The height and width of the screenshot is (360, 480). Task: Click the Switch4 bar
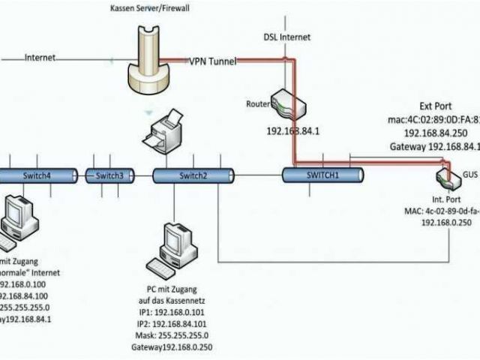(37, 175)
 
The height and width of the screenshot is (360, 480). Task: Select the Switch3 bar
(109, 175)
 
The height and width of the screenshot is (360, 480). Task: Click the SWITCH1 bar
(322, 174)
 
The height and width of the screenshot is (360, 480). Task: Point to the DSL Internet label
(286, 36)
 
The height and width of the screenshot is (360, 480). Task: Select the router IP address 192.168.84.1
(294, 130)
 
